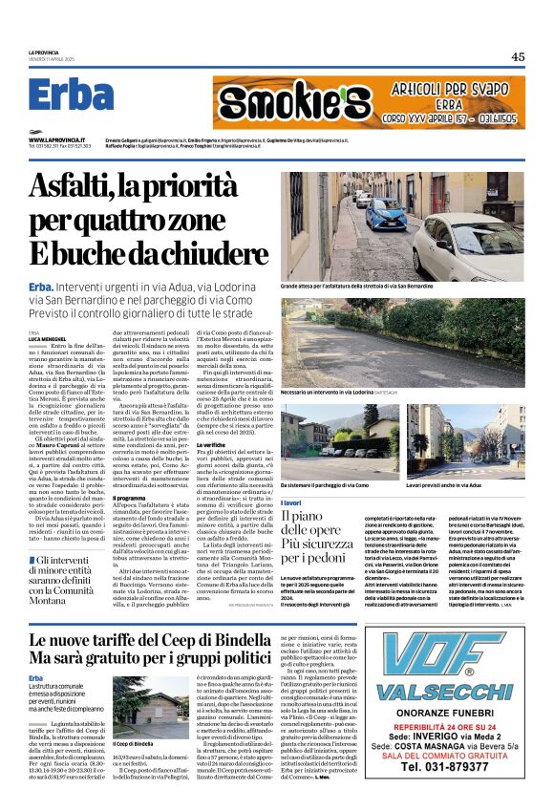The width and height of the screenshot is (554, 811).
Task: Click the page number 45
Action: tap(517, 56)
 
